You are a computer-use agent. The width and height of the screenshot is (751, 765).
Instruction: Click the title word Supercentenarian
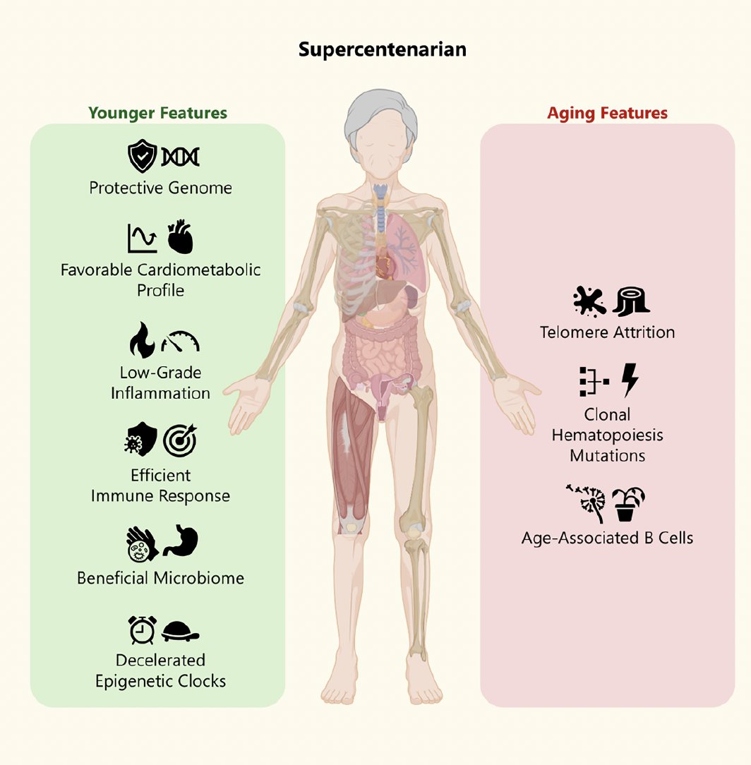pyautogui.click(x=382, y=50)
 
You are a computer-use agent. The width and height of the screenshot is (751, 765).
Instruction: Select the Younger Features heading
pyautogui.click(x=158, y=113)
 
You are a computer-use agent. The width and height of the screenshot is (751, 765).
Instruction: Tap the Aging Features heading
pyautogui.click(x=607, y=113)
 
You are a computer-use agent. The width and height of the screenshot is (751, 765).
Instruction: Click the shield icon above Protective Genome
pyautogui.click(x=141, y=157)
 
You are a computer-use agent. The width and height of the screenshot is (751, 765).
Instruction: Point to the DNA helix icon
pyautogui.click(x=180, y=157)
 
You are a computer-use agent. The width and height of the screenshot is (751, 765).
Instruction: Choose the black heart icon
pyautogui.click(x=180, y=237)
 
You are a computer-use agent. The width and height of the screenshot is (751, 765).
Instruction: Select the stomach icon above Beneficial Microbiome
pyautogui.click(x=181, y=542)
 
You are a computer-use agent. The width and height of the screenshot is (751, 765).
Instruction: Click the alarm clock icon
pyautogui.click(x=142, y=630)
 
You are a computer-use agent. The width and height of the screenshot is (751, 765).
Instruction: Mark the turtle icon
pyautogui.click(x=181, y=631)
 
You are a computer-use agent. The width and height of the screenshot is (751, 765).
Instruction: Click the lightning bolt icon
pyautogui.click(x=629, y=381)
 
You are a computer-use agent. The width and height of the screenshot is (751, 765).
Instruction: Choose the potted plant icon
pyautogui.click(x=628, y=503)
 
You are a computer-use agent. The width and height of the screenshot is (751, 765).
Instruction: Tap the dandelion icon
pyautogui.click(x=587, y=503)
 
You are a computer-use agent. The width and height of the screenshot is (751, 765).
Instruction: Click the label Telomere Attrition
pyautogui.click(x=607, y=332)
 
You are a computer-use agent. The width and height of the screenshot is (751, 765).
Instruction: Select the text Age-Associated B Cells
pyautogui.click(x=607, y=538)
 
